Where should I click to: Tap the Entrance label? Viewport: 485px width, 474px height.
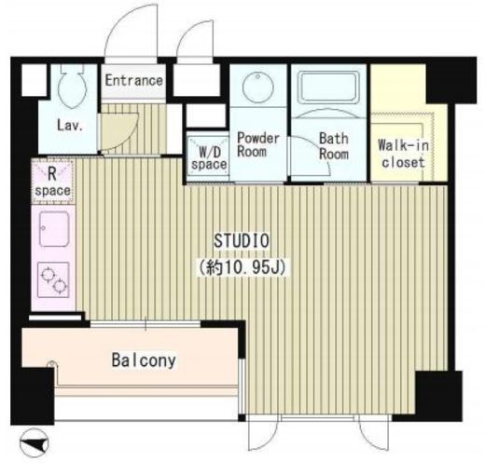click(x=133, y=81)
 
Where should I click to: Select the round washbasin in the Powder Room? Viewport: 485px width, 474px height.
click(x=258, y=86)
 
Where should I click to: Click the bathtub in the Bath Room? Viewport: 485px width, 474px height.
click(x=329, y=88)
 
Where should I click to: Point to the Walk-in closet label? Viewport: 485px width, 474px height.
click(x=403, y=154)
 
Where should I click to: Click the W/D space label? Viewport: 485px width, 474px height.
click(x=209, y=158)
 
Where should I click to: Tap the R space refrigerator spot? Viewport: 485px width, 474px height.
click(x=52, y=183)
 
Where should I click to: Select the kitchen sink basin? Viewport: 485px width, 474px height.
click(x=54, y=229)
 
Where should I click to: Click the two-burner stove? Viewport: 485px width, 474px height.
click(x=53, y=279)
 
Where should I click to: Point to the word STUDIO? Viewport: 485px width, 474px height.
click(x=242, y=241)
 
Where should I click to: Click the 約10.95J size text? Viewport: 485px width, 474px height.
click(x=242, y=267)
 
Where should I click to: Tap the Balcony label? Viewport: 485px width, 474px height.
click(x=144, y=360)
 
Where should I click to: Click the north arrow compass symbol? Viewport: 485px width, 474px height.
click(x=35, y=442)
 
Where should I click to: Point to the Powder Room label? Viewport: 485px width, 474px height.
click(x=258, y=145)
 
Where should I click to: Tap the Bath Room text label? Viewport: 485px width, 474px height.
click(x=334, y=146)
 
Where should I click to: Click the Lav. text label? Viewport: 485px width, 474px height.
click(x=70, y=126)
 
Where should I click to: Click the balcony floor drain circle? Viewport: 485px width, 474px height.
click(x=52, y=363)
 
